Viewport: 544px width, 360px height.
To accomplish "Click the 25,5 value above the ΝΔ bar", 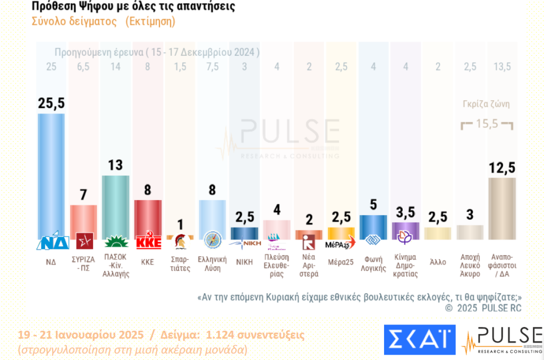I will pos(51,103).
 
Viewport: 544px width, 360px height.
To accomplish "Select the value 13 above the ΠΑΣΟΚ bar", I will pos(115,165).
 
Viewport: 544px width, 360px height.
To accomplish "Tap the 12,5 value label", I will pos(501,167).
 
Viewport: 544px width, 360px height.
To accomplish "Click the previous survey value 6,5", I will pos(83,67).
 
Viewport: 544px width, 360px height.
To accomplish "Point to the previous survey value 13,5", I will pos(501,67).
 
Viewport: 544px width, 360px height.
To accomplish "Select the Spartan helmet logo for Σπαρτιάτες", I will pos(180,242).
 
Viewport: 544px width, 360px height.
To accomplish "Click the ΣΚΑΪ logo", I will pos(419,339).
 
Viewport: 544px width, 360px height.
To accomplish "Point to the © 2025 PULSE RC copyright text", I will pos(483,308).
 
